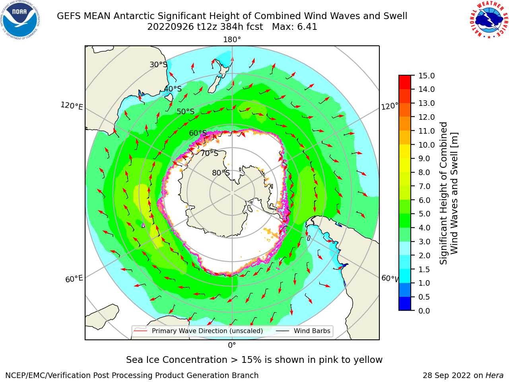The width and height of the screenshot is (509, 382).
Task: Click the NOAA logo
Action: (x=20, y=20)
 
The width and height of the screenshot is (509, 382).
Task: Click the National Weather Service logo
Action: (x=489, y=20)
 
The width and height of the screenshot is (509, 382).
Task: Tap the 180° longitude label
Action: (x=232, y=40)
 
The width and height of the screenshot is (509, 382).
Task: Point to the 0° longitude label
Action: (x=232, y=345)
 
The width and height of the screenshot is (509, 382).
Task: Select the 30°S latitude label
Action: (x=158, y=64)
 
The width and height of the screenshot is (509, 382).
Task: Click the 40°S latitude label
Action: (x=173, y=89)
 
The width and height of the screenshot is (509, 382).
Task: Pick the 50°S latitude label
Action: (x=186, y=111)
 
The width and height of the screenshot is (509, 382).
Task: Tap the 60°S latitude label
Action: (x=198, y=133)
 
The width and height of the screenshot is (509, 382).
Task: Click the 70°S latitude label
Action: (x=210, y=153)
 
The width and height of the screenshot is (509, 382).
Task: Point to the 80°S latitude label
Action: (x=221, y=173)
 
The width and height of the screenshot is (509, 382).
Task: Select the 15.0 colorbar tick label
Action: (x=427, y=76)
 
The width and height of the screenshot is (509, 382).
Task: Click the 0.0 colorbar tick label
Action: (x=424, y=311)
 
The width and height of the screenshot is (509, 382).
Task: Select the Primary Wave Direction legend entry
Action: (x=199, y=331)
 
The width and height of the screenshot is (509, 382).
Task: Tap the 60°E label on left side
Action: (x=74, y=279)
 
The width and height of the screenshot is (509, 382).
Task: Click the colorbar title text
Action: (x=449, y=193)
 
